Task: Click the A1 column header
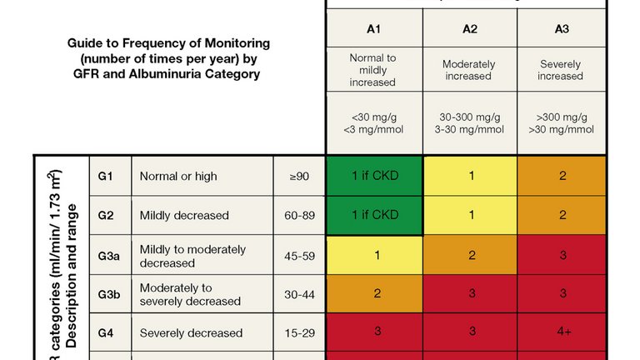coord(374,28)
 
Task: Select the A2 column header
coord(470,28)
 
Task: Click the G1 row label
coord(105,177)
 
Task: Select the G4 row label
coord(105,333)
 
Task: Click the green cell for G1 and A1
coord(374,177)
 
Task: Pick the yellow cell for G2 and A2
coord(470,215)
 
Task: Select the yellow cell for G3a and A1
coord(374,255)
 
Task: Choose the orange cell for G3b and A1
coord(374,294)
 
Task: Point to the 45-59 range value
coord(299,256)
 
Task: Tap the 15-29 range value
coord(299,333)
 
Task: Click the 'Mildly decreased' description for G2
coord(184,216)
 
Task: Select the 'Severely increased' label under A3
coord(561,70)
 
